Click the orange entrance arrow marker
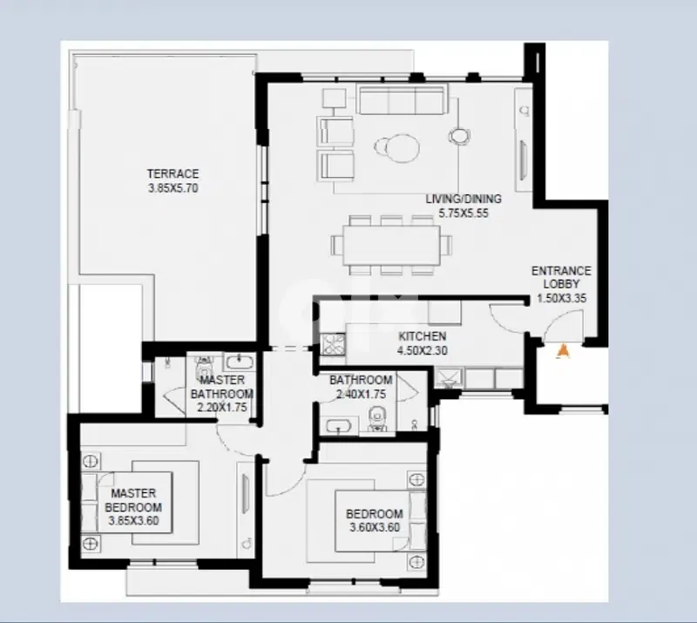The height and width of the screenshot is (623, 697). click(562, 351)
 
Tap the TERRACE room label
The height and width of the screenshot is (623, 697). click(173, 173)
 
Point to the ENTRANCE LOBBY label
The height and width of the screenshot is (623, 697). click(561, 277)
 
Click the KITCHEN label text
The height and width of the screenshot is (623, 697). click(423, 336)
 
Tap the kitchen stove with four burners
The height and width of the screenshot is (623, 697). click(332, 346)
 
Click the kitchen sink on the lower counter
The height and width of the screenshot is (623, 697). click(450, 376)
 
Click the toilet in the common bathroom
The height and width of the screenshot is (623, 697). click(377, 423)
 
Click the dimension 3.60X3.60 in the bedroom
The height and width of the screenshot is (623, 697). click(374, 527)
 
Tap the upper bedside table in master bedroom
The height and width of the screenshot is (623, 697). click(91, 459)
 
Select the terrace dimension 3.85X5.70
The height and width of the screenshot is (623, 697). click(173, 186)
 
